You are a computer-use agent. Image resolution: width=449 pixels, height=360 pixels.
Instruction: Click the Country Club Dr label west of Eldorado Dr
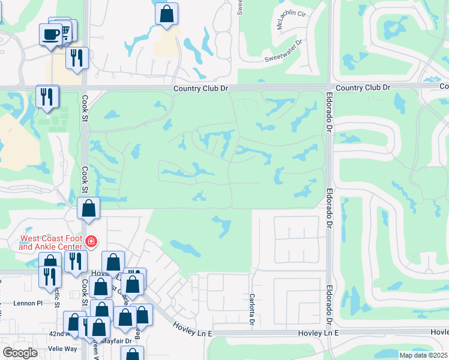(x=201, y=88)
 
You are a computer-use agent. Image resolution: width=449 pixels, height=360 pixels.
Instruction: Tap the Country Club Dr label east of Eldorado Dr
(x=363, y=88)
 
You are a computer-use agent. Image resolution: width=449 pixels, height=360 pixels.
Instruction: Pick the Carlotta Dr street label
(x=252, y=308)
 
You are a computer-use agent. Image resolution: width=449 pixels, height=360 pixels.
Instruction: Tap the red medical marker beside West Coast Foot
(x=91, y=242)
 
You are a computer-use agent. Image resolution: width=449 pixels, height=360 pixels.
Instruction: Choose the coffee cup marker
(x=50, y=33)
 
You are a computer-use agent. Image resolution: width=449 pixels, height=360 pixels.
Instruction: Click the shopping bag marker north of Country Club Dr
(x=166, y=13)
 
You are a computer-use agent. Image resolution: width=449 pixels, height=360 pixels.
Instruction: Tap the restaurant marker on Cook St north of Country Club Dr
(x=77, y=58)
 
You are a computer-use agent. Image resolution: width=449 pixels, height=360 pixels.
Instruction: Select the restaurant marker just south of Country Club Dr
(x=47, y=96)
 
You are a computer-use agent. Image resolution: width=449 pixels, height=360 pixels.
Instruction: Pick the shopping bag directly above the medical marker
(x=89, y=208)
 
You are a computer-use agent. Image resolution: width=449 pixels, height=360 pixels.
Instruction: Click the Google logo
(x=20, y=353)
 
